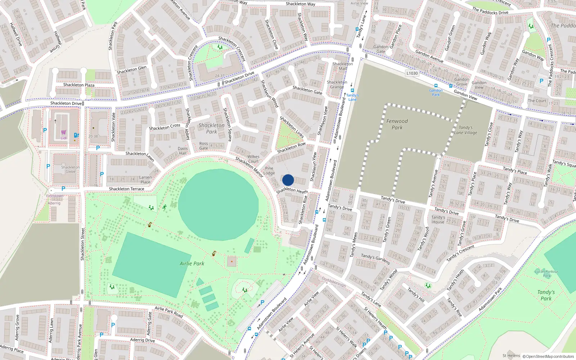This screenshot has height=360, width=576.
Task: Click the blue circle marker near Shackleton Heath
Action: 288,180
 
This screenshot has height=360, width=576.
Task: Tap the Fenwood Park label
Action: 397,124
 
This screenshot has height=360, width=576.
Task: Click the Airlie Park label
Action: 192,264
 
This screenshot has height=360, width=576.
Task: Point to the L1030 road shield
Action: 412,73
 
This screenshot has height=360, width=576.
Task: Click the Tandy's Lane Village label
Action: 465,130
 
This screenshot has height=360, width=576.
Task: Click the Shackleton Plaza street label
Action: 79,85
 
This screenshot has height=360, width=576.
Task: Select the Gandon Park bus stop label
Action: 436,93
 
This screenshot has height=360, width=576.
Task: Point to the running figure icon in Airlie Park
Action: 165,207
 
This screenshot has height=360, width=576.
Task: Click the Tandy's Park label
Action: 546,295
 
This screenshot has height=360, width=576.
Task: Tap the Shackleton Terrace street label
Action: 126,189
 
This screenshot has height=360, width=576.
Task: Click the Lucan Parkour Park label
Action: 546,274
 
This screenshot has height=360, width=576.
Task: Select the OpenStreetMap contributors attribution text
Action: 548,356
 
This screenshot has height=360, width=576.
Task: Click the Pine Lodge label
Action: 269,171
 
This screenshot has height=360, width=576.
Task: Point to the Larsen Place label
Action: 145,179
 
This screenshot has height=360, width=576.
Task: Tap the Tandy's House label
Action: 438,220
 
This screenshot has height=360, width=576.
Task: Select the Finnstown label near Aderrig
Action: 55,196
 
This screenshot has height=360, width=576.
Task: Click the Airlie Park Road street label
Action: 169,312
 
